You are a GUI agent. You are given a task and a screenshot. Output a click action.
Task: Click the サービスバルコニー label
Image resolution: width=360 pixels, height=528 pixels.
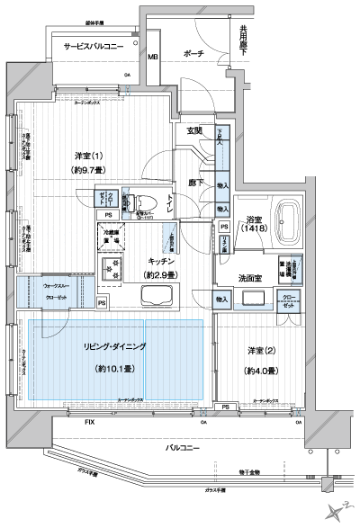point(87,48)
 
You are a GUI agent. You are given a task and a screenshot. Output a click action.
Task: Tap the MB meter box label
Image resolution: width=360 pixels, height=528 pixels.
point(152,58)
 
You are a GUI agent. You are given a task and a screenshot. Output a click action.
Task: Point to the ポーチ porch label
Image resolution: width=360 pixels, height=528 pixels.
point(193,54)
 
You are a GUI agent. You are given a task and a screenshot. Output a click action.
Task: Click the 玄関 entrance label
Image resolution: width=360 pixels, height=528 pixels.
point(194,131)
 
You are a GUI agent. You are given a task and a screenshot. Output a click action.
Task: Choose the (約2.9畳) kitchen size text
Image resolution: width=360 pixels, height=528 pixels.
point(164,274)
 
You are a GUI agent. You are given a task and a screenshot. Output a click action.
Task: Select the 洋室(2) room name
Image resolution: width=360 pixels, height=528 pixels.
point(259,350)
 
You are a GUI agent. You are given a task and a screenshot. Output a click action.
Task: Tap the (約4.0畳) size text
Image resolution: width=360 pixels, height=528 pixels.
point(259,370)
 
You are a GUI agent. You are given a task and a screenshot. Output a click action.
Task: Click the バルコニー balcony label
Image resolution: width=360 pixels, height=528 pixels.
point(184,447)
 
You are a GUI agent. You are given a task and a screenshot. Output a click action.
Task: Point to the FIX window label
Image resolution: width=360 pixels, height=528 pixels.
point(88,421)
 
